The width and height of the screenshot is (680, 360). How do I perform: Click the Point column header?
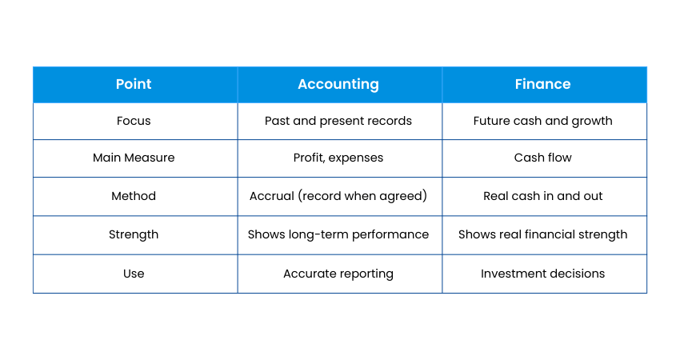(134, 84)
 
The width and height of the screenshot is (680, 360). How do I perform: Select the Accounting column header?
(338, 84)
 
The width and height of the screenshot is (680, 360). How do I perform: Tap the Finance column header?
(542, 84)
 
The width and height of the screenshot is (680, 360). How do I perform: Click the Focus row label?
(134, 121)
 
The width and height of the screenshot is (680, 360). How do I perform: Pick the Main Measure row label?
(134, 158)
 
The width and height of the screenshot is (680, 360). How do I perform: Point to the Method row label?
(134, 196)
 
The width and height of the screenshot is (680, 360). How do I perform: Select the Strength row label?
(134, 234)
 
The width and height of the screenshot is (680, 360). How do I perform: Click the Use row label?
(134, 274)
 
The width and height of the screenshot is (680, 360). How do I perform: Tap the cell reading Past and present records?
(338, 121)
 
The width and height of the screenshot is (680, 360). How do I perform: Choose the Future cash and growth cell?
(542, 121)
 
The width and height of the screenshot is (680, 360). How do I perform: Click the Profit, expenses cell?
(338, 158)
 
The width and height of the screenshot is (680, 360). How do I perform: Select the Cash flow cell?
(542, 158)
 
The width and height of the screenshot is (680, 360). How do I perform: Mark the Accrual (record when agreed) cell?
(338, 196)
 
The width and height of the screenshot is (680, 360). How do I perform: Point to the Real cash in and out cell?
(542, 196)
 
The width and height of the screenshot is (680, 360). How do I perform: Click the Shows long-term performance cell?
(338, 234)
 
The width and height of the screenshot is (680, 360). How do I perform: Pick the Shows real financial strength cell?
(542, 234)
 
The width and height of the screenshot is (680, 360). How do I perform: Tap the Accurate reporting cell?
(338, 274)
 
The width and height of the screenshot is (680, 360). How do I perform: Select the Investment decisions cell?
(542, 274)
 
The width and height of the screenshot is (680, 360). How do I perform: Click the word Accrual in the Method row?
(272, 196)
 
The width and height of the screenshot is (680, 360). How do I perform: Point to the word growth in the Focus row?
(592, 121)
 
